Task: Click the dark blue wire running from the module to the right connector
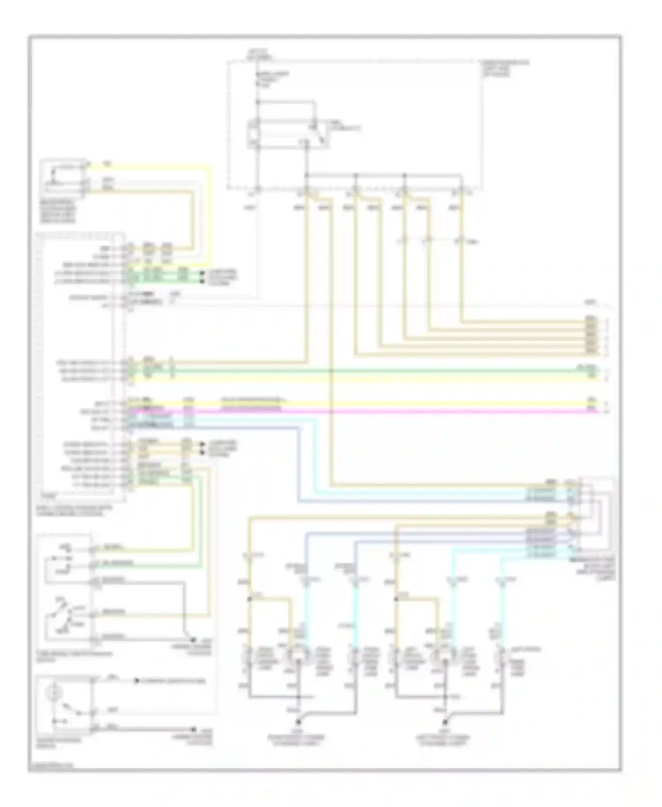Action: tap(299, 464)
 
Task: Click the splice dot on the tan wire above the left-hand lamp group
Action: tap(249, 599)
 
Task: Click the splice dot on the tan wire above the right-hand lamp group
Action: tap(396, 599)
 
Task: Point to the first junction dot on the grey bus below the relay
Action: tap(307, 175)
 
